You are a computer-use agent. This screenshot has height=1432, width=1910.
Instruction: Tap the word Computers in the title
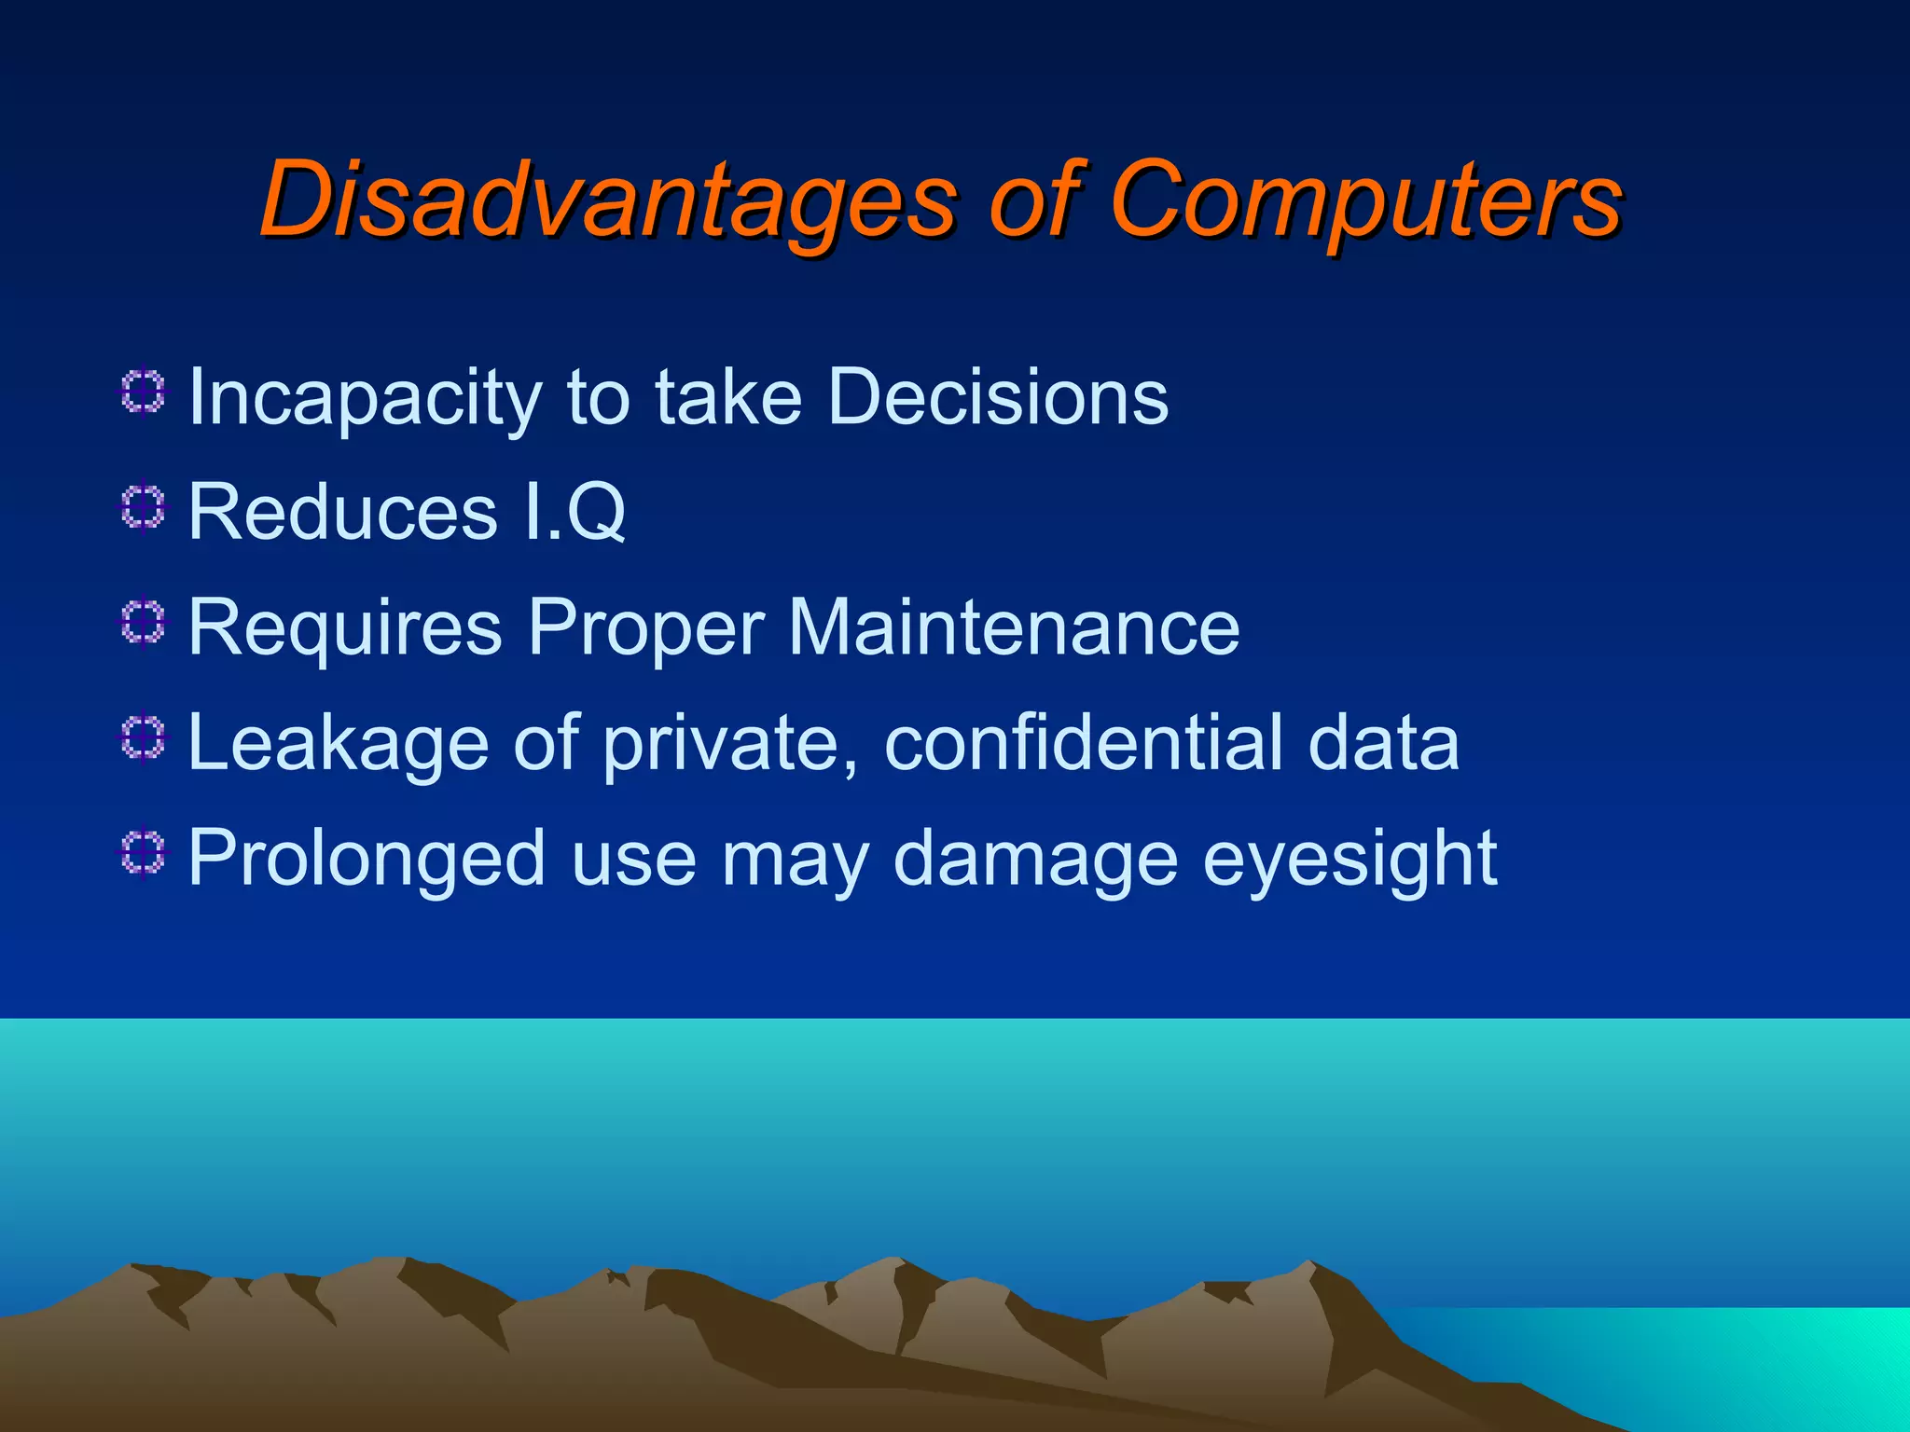coord(1365,200)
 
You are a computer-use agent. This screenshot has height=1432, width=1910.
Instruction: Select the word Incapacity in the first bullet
coord(365,398)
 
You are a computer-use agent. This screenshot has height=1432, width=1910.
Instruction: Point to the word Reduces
coord(342,512)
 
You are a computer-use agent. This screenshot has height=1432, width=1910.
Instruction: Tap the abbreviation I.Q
coord(574,512)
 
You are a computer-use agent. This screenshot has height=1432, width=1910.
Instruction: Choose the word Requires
coord(345,627)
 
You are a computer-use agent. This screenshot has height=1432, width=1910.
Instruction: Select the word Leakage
coord(339,743)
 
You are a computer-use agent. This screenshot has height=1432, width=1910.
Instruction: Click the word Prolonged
coord(367,859)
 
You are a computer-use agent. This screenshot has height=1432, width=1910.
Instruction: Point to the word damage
coord(1035,859)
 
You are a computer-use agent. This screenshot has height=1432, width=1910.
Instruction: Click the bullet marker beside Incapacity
coord(143,392)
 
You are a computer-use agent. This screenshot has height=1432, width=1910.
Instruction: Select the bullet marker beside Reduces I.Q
coord(143,508)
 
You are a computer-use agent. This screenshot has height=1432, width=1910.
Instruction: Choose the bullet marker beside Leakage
coord(143,739)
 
